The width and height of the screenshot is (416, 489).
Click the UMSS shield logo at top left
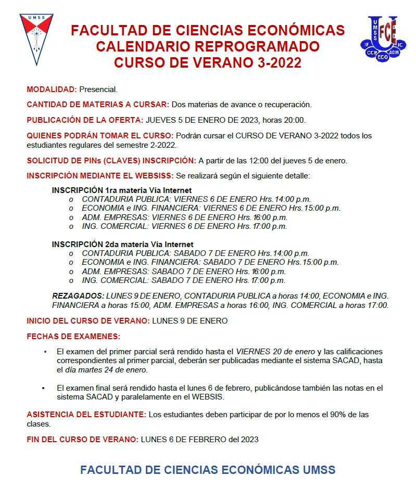tap(36, 38)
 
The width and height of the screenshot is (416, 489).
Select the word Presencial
tap(98, 89)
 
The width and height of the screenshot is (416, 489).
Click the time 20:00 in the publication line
tap(295, 120)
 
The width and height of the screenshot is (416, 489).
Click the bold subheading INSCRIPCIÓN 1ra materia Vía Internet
tap(122, 190)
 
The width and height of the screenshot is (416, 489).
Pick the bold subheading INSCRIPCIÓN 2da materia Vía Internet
tap(123, 244)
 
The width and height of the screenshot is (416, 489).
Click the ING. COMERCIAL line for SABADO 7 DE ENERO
tap(183, 280)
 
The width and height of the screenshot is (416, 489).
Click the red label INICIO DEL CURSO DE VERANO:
tap(88, 320)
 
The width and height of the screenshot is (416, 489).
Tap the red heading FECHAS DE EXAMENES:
tap(73, 336)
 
